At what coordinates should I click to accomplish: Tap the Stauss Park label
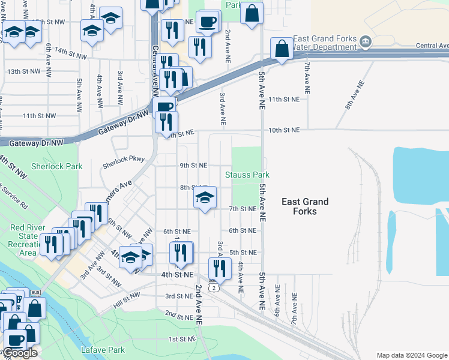(x=247, y=175)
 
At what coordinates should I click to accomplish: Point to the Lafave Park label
(x=103, y=349)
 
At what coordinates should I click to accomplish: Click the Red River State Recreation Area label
(x=32, y=240)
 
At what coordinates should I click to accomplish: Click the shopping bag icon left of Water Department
(x=282, y=49)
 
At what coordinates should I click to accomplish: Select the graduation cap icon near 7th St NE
(x=205, y=197)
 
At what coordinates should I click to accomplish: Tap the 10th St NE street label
(x=283, y=130)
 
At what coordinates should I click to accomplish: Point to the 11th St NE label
(x=283, y=99)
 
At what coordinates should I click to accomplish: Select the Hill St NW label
(x=127, y=305)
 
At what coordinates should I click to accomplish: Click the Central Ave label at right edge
(x=432, y=46)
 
